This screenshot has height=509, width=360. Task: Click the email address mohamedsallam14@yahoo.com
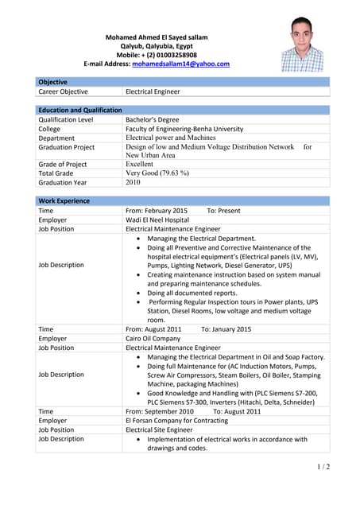tap(180, 64)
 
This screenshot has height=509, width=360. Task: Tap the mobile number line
tap(157, 55)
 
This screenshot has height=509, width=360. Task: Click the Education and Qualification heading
tap(80, 110)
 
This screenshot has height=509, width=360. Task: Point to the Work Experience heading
tap(64, 201)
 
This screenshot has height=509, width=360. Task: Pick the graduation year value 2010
tap(133, 182)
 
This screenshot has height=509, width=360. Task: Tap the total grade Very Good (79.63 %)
tap(157, 173)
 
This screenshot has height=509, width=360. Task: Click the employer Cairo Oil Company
tap(153, 339)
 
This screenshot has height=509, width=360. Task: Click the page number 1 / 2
tap(323, 466)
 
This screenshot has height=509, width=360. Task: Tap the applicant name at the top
tap(157, 37)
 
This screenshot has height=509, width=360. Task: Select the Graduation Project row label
tap(67, 147)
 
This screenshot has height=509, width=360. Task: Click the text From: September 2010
tap(160, 411)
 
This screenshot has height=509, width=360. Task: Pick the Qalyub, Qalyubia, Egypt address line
tap(157, 46)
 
